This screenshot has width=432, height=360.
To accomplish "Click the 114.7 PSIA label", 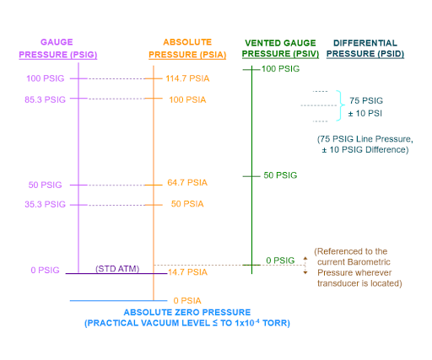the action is pos(187,78).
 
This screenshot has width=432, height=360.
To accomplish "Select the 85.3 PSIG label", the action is pos(45,99).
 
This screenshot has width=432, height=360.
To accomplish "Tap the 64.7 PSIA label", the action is pos(187,183).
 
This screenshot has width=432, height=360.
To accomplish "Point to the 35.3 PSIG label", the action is pos(45,204).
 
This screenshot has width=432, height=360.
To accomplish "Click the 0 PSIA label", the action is pos(187,301).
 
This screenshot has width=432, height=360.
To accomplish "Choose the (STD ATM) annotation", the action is pos(117,269).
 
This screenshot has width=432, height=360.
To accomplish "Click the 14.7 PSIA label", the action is pos(187,272).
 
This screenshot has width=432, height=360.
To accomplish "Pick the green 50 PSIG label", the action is pos(280,175).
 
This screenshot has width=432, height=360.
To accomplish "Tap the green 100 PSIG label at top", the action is pos(280,69).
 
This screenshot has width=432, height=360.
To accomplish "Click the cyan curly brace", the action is pos(341,105).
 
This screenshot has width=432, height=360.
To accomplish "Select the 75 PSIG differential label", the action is pos(366,100).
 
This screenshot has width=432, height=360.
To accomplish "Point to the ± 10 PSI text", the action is pos(365,114).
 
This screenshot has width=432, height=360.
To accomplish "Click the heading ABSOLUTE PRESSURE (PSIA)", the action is pos(187,48).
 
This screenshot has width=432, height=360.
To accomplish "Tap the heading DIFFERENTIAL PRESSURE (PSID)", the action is pos(365,48).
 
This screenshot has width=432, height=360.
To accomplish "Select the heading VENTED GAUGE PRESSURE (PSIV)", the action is pos(280,48).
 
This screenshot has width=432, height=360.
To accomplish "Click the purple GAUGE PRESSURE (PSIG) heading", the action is pos(58,48).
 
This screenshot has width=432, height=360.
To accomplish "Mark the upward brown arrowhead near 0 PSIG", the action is pos(305,258).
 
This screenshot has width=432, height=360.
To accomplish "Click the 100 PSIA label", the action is pos(187,99).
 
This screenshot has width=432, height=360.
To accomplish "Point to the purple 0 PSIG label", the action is pos(45,270).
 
